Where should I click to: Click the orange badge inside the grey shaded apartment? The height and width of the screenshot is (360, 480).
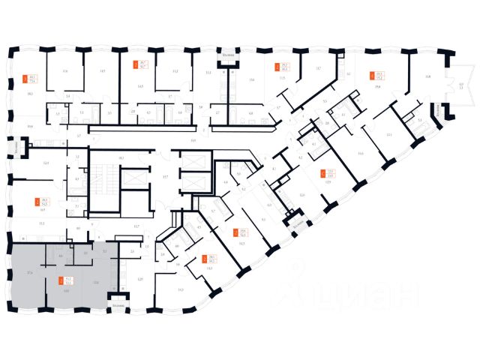[x=61, y=283]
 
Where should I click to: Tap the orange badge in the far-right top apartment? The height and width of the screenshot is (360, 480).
[x=372, y=75]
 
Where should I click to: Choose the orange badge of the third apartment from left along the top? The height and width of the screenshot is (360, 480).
[x=277, y=66]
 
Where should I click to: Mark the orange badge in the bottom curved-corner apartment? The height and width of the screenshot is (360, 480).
[x=205, y=259]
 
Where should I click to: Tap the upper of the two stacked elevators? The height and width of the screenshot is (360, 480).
[x=188, y=160]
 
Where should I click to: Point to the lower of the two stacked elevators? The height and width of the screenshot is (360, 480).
[x=188, y=183]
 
